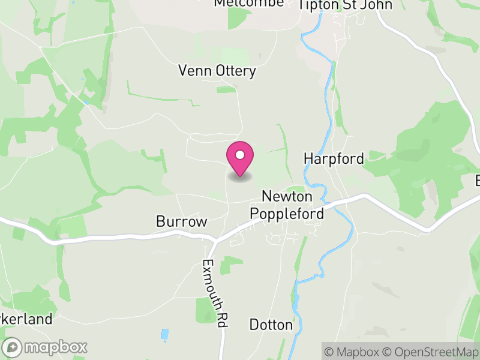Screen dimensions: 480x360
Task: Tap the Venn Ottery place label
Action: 217,71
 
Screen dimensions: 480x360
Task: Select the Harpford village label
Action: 334,159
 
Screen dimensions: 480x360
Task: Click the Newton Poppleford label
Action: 287,205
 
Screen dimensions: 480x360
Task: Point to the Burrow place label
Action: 181,221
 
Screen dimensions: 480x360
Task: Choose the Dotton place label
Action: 271,325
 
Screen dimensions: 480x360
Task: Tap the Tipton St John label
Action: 346,5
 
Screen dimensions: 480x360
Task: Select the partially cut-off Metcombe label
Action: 249,4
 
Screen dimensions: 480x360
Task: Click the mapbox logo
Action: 46,347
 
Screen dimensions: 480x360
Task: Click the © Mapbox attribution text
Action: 354,351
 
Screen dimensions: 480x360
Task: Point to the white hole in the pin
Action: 239,155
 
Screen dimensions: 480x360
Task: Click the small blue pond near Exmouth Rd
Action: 164,334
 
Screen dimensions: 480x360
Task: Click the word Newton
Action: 287,197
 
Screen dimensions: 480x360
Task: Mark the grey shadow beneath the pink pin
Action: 239,177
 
